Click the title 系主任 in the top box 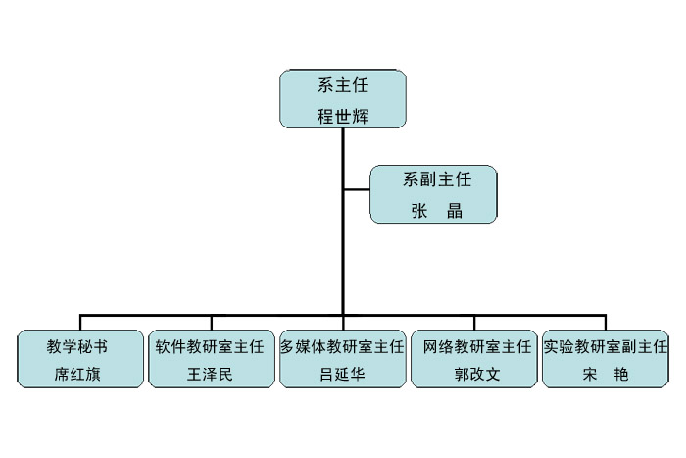343,85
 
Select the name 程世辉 343,117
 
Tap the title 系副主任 437,179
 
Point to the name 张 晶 437,211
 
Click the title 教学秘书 77,347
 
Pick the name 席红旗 77,375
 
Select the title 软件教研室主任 210,347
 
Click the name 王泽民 210,375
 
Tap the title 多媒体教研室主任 342,347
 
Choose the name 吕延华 342,375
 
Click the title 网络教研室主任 477,347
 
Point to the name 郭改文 477,375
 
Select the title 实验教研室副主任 606,347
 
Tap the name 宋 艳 606,375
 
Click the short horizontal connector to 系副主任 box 357,190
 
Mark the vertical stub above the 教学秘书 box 80,323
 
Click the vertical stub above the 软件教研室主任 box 212,323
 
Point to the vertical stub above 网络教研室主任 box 474,323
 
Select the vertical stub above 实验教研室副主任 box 606,323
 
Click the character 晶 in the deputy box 455,211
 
